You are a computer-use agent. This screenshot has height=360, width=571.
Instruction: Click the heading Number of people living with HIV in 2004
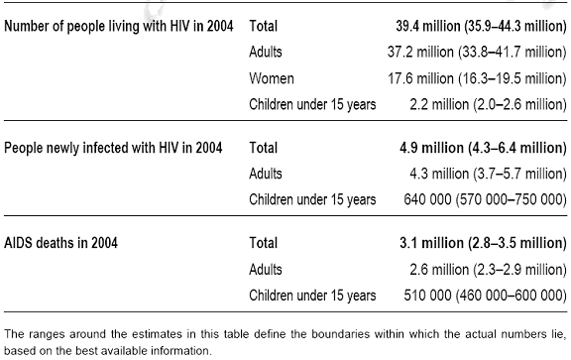click(x=118, y=26)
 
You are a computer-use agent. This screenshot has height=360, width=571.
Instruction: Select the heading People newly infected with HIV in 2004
click(x=113, y=148)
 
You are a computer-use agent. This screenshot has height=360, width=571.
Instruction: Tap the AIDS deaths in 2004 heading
click(x=60, y=243)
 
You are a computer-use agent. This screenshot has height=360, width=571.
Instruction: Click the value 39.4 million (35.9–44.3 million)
click(x=481, y=26)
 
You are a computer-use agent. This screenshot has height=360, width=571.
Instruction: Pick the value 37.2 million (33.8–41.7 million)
click(x=477, y=53)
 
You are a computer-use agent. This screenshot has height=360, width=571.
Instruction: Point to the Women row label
click(x=272, y=78)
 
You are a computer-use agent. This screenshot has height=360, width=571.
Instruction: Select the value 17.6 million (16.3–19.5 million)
click(x=477, y=78)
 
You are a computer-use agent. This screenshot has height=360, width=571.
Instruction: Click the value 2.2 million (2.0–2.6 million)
click(x=489, y=104)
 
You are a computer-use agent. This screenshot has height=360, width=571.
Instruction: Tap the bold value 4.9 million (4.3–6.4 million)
click(x=483, y=148)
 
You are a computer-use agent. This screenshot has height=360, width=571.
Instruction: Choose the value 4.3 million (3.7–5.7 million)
click(x=489, y=174)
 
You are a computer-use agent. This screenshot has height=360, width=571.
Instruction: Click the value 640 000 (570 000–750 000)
click(x=486, y=199)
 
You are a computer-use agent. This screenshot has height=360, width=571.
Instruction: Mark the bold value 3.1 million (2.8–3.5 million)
click(x=483, y=243)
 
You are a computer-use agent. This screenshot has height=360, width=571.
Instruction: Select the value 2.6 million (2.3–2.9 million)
click(x=489, y=270)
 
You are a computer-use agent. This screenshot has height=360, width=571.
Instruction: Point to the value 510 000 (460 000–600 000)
click(x=486, y=296)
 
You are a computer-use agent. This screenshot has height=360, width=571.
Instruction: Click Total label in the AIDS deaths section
click(x=264, y=243)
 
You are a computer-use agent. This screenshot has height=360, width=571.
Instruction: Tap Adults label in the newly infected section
click(x=266, y=174)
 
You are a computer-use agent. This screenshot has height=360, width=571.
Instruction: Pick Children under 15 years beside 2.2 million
click(x=312, y=104)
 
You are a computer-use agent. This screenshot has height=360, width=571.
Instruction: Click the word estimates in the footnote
click(x=154, y=334)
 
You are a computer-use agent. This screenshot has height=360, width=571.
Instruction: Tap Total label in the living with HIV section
click(x=264, y=26)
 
